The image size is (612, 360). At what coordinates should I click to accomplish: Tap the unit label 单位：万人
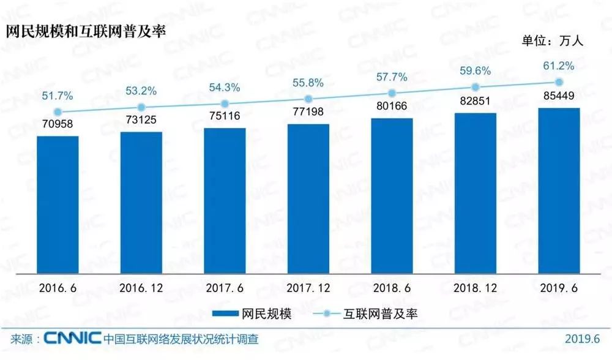(x=554, y=42)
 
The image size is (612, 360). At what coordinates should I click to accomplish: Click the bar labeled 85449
(x=558, y=190)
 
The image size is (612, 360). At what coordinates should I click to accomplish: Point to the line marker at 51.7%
(x=58, y=112)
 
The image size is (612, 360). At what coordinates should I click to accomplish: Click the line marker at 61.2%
(x=558, y=82)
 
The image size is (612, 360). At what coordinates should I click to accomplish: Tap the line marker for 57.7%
(x=391, y=93)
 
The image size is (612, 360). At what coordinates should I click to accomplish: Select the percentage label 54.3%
(x=224, y=88)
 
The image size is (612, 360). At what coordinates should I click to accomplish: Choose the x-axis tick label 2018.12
(x=475, y=287)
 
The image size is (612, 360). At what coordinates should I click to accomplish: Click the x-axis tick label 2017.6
(x=224, y=287)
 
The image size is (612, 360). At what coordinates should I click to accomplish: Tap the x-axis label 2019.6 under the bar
(x=558, y=287)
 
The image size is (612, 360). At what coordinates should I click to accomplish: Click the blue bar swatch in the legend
(x=231, y=313)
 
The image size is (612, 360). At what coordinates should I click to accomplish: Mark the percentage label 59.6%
(x=475, y=71)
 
